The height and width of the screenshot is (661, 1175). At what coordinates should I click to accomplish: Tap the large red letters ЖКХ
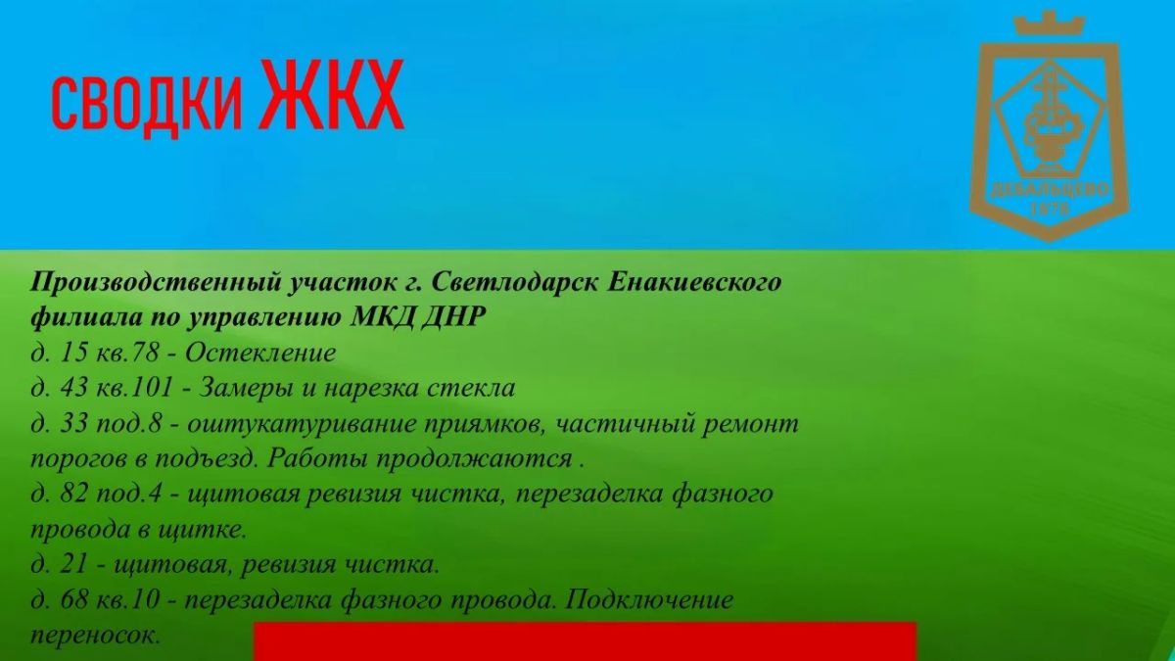click(x=332, y=94)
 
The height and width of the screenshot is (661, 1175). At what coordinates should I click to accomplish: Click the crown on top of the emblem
click(x=1049, y=24)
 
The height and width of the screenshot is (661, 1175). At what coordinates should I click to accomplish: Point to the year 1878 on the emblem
click(x=1050, y=210)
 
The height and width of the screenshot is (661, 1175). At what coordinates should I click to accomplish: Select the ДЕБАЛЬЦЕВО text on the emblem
click(x=1050, y=190)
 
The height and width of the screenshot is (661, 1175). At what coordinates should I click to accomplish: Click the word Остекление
click(x=260, y=354)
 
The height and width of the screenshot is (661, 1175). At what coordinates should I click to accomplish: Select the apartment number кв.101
click(x=135, y=388)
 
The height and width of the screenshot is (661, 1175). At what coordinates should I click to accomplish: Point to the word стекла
click(x=471, y=388)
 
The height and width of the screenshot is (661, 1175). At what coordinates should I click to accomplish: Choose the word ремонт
click(x=750, y=424)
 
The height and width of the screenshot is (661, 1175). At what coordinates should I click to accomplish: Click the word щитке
click(x=202, y=530)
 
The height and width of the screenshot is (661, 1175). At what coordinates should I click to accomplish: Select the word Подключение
click(x=648, y=600)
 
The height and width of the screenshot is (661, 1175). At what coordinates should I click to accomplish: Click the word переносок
click(x=94, y=636)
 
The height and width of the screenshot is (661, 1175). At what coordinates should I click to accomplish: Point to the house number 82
click(x=73, y=495)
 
